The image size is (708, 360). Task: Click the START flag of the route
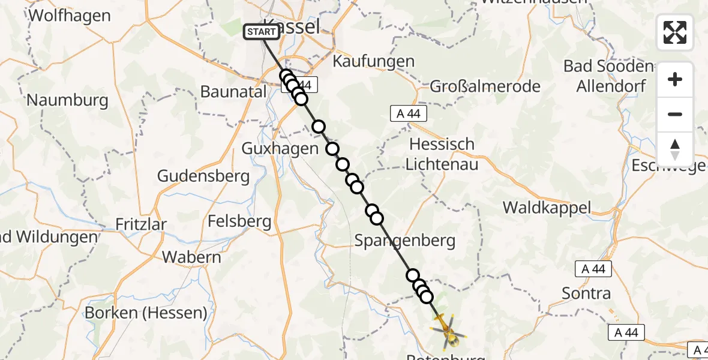pyautogui.click(x=262, y=32)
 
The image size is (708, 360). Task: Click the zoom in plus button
pyautogui.click(x=675, y=80)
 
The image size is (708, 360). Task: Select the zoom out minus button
pyautogui.click(x=675, y=114)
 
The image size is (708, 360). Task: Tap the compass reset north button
pyautogui.click(x=675, y=149)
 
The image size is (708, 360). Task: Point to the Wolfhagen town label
pyautogui.click(x=70, y=15)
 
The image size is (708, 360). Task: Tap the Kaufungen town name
pyautogui.click(x=373, y=61)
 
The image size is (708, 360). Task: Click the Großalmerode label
pyautogui.click(x=485, y=86)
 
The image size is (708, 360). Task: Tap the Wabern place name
pyautogui.click(x=192, y=257)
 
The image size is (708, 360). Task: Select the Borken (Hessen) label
pyautogui.click(x=146, y=313)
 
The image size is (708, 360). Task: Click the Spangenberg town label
pyautogui.click(x=405, y=241)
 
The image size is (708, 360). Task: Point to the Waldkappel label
pyautogui.click(x=547, y=208)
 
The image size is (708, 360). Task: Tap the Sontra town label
pyautogui.click(x=586, y=293)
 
